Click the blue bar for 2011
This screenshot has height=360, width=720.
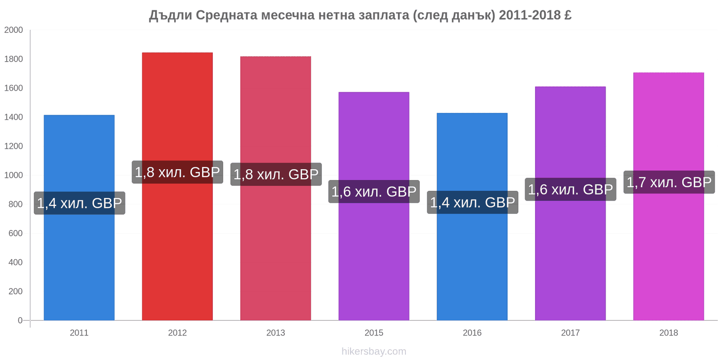click(79, 218)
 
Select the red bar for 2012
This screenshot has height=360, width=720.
click(177, 186)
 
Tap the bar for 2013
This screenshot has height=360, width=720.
click(276, 189)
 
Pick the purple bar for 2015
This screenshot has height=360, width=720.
click(374, 206)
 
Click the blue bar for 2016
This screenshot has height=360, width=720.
click(472, 216)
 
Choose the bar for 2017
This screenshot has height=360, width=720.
click(571, 203)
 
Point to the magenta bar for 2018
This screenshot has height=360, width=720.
click(669, 196)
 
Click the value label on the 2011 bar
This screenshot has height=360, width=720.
click(79, 203)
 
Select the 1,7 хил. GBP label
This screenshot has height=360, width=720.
click(669, 182)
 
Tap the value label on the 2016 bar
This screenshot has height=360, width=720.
click(472, 202)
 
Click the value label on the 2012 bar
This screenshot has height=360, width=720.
click(177, 172)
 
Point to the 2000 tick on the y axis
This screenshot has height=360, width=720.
click(13, 30)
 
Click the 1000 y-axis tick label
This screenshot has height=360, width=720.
click(13, 175)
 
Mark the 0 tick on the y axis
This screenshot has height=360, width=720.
click(20, 320)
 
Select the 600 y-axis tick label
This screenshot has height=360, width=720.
click(16, 234)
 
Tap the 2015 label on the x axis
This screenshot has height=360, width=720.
click(374, 333)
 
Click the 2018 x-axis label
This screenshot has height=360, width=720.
click(669, 333)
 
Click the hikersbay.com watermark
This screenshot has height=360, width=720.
click(374, 351)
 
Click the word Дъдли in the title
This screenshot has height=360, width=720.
click(171, 15)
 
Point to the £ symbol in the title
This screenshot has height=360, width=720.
click(567, 15)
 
